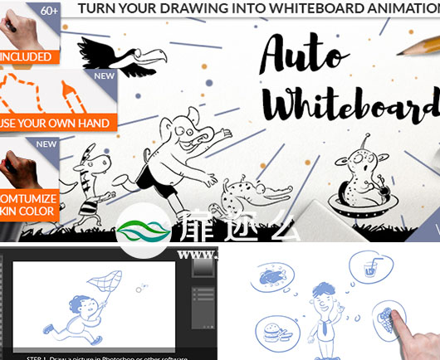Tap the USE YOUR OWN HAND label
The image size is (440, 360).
(x=55, y=124)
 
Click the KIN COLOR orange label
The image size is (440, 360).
(x=29, y=211)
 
